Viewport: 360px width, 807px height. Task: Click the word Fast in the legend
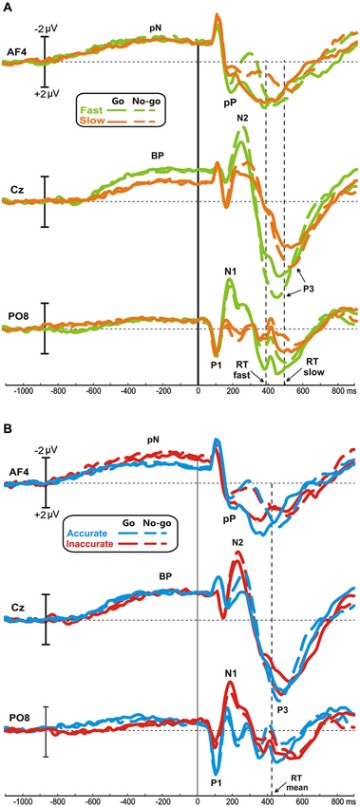89,109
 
